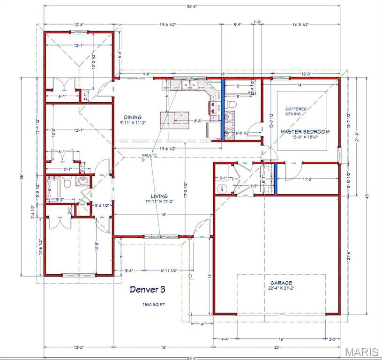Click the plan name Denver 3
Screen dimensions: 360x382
click(147, 290)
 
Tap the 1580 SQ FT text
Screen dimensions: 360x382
click(154, 304)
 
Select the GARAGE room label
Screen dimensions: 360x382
click(281, 283)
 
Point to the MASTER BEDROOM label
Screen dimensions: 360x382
click(305, 132)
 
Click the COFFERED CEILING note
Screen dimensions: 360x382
click(296, 112)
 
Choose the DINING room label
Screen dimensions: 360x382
click(133, 117)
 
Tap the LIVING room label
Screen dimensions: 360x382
click(159, 196)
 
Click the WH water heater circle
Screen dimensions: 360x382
click(223, 188)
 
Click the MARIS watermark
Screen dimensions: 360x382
click(362, 352)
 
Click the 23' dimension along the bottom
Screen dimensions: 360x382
click(277, 347)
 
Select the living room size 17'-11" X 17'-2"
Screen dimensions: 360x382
click(159, 202)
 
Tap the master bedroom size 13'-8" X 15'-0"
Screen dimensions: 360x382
click(305, 138)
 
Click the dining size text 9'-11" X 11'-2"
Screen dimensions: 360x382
click(133, 123)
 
